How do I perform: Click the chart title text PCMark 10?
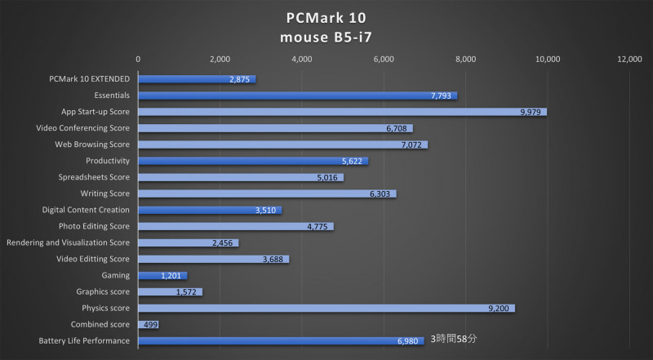326,17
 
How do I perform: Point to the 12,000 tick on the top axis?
629,59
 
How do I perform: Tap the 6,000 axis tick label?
384,59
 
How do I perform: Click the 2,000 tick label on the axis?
220,59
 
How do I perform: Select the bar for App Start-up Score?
342,112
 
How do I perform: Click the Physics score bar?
326,309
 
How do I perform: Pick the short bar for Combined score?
148,325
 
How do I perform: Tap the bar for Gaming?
162,276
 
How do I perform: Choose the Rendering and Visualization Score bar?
188,242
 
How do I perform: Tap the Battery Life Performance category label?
84,340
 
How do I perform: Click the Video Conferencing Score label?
83,128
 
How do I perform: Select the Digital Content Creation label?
87,210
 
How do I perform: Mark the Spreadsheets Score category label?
94,177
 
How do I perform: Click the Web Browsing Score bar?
282,144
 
